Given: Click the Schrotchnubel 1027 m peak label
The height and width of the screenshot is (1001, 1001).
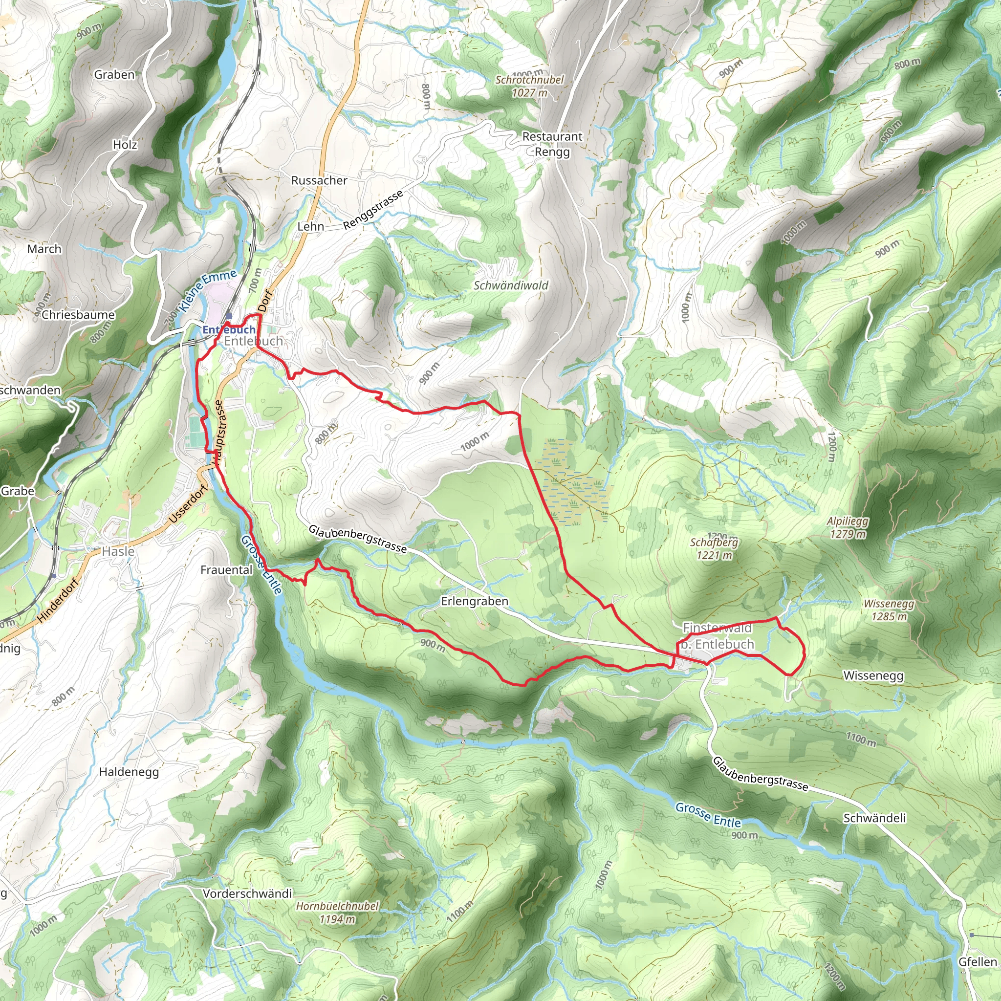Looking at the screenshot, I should click(529, 86).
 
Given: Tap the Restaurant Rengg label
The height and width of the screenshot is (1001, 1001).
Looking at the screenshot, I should click(552, 144).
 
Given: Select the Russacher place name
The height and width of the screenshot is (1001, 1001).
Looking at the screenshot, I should click(319, 180).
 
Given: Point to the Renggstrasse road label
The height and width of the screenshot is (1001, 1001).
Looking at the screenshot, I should click(373, 210).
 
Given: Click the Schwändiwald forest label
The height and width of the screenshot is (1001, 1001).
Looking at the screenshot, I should click(510, 285).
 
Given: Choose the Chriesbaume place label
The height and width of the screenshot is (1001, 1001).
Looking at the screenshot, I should click(78, 314).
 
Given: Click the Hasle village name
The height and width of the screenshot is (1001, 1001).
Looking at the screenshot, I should click(118, 551).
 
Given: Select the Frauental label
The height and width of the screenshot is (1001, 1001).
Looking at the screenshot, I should click(226, 569).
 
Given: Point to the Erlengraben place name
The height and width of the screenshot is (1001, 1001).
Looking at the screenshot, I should click(474, 601).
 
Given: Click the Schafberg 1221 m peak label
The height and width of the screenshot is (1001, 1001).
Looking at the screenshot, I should click(714, 549).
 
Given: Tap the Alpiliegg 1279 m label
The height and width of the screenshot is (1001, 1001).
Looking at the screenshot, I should click(848, 527).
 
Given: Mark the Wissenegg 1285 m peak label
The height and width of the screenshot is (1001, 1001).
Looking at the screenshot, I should click(889, 610).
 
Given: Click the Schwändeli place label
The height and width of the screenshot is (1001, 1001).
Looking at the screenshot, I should click(874, 818).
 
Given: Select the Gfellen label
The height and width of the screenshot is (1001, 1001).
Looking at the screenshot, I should click(977, 961).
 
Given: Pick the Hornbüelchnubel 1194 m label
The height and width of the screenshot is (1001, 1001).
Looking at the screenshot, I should click(337, 913).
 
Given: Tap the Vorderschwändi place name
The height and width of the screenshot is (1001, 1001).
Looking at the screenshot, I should click(247, 893).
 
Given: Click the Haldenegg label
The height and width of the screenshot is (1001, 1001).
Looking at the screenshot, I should click(129, 771).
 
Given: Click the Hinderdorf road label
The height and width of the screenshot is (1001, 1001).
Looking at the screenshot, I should click(58, 600).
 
